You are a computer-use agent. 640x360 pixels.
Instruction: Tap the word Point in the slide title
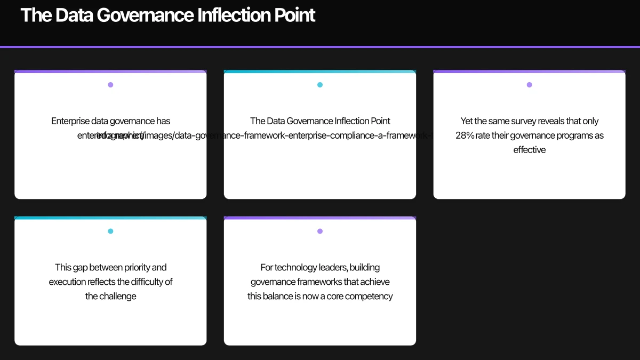[295, 15]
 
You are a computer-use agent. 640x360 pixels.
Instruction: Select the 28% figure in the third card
[465, 135]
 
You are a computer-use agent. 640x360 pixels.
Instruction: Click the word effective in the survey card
[529, 150]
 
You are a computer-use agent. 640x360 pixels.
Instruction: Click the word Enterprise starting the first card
[70, 121]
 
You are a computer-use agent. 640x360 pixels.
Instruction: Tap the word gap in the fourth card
[79, 267]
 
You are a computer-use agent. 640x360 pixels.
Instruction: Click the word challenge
[118, 296]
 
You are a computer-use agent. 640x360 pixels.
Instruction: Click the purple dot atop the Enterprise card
[110, 85]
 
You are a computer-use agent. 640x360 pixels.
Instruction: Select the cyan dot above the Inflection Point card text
[320, 85]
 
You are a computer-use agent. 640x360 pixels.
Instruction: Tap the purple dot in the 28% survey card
[529, 85]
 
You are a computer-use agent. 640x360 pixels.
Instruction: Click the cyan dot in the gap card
[110, 231]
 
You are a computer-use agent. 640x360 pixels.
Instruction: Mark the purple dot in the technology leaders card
[320, 231]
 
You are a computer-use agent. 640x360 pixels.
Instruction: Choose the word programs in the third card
[569, 135]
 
